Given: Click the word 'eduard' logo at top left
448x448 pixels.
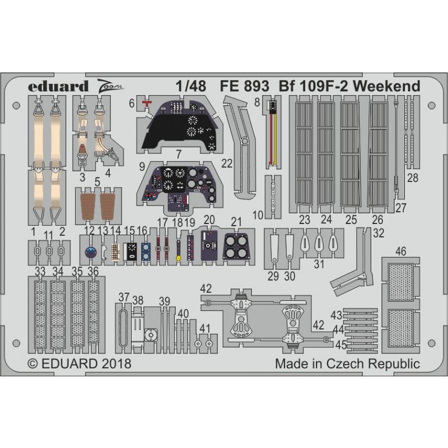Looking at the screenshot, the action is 58,86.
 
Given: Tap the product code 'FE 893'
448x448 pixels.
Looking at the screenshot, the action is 244,86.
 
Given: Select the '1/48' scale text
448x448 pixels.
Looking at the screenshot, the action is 191,86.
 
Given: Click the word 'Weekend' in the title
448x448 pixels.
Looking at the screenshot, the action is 387,86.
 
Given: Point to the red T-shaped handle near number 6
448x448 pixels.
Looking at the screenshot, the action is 147,103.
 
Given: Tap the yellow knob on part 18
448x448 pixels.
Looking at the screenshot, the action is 179,259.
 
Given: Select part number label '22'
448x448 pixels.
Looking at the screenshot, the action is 227,164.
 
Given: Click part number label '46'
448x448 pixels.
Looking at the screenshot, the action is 400,251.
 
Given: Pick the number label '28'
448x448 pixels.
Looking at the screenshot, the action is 413,178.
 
